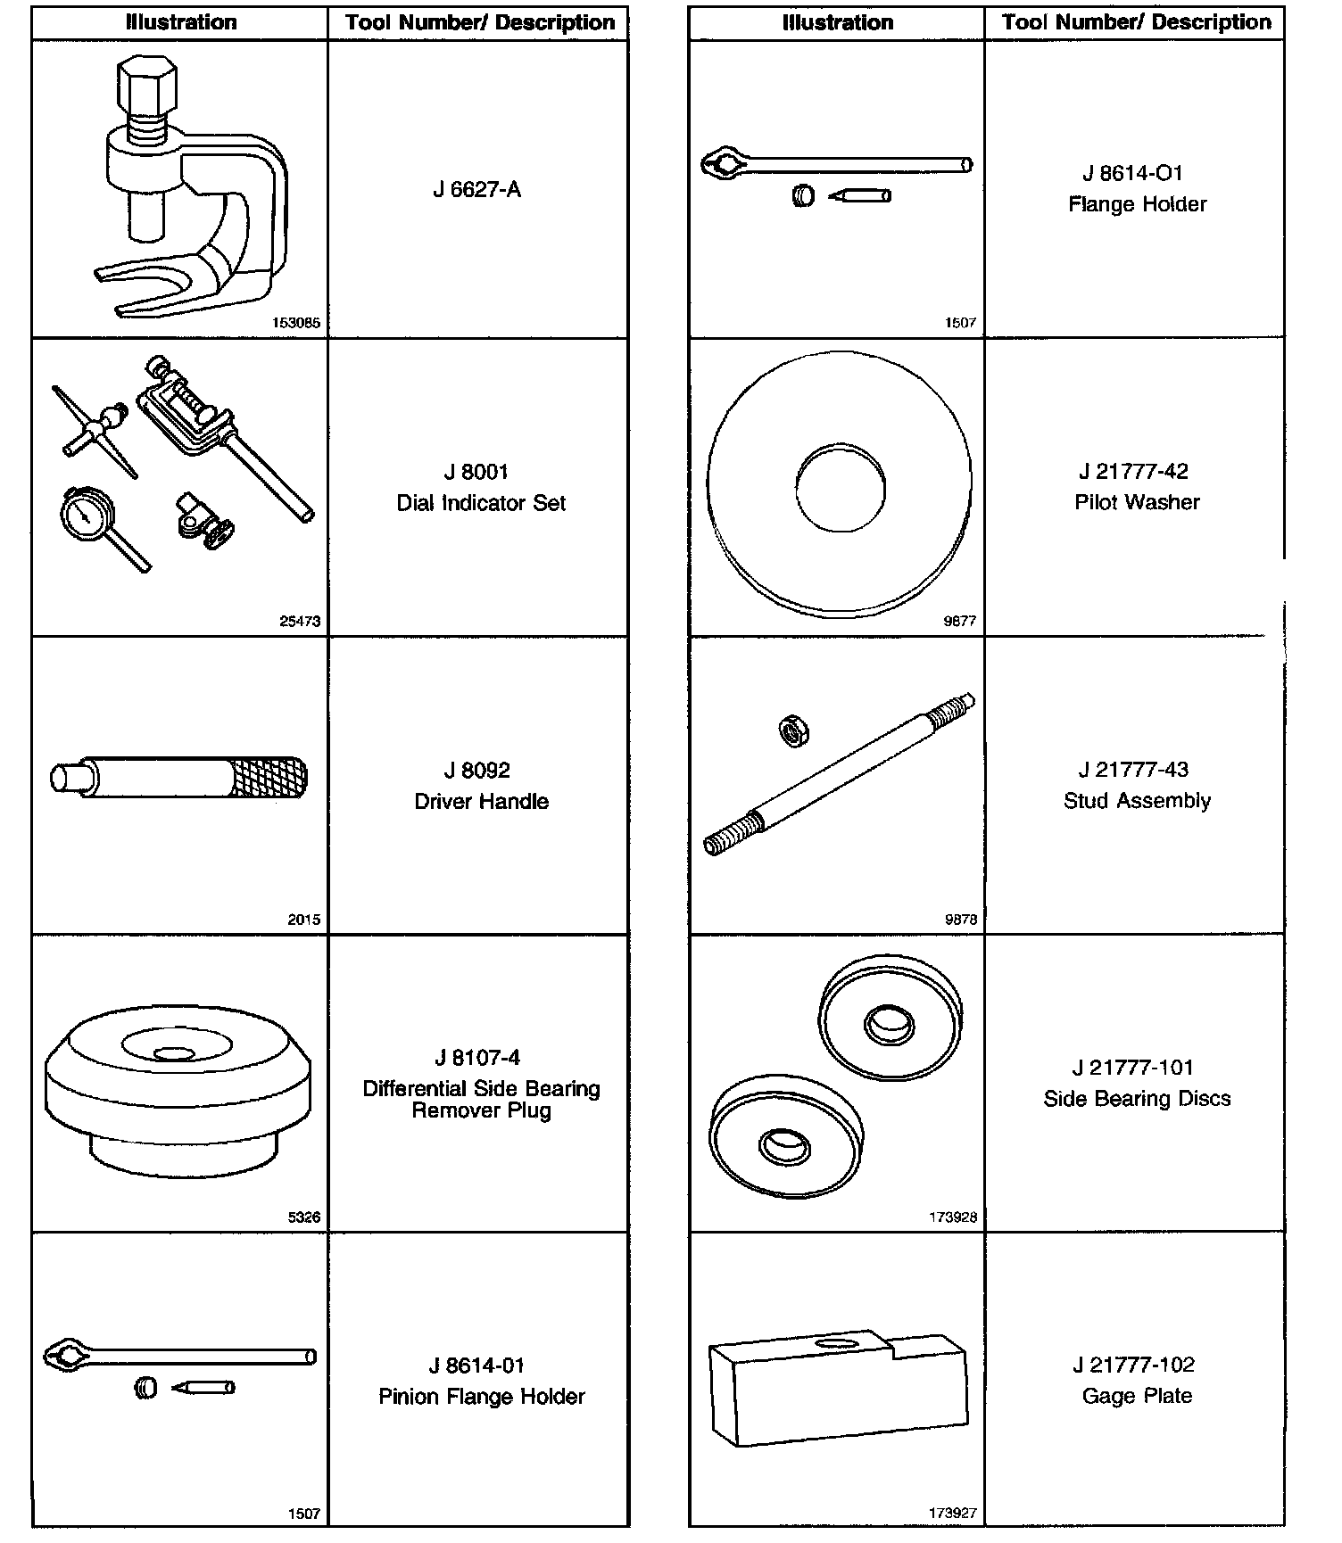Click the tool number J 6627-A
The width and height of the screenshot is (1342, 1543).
(x=476, y=189)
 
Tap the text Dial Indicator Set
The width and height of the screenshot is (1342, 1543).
(x=481, y=503)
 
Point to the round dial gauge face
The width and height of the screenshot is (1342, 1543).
(x=87, y=514)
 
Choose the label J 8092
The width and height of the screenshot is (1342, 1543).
(x=476, y=770)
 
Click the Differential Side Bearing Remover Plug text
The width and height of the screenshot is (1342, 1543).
(x=481, y=1099)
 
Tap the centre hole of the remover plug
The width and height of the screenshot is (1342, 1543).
(x=174, y=1053)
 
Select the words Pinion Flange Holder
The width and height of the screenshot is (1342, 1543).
(x=481, y=1396)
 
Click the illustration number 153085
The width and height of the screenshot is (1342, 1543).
(x=296, y=323)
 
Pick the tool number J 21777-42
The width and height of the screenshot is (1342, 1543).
(x=1133, y=471)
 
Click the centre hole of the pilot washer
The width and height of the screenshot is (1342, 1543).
(x=840, y=489)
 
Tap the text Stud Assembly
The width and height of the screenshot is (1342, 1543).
(x=1137, y=801)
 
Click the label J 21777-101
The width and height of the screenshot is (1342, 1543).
(x=1133, y=1068)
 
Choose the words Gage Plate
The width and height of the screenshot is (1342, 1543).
(x=1137, y=1396)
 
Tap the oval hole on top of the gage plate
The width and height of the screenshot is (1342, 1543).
(x=835, y=1342)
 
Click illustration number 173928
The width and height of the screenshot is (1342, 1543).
(x=953, y=1217)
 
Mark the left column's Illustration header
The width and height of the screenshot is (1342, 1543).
(x=181, y=22)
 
